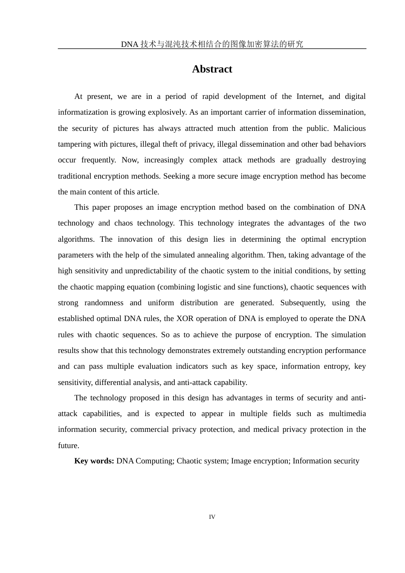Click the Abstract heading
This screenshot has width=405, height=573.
point(212,69)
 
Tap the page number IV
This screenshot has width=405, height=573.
point(212,517)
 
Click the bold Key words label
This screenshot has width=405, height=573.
point(94,461)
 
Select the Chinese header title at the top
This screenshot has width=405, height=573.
point(212,44)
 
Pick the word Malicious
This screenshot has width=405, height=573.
point(349,128)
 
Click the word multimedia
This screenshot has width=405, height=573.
point(347,414)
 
